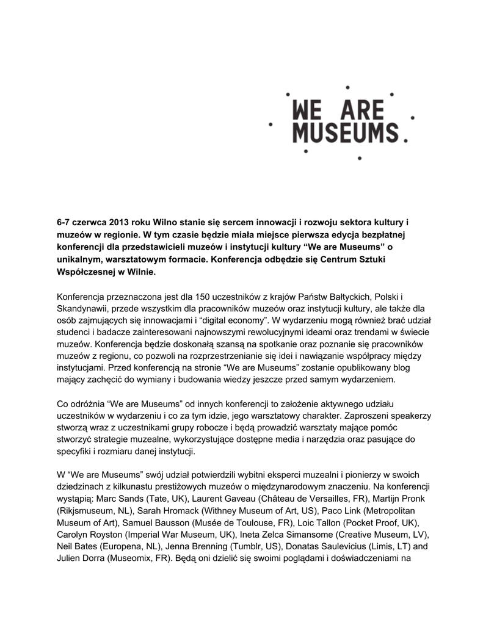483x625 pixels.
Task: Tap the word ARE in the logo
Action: [x=363, y=111]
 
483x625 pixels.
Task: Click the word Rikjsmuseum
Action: [x=91, y=510]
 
